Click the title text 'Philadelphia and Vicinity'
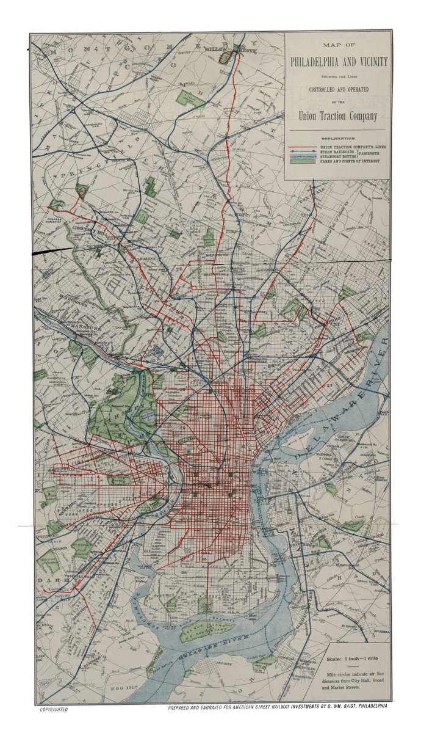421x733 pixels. pyautogui.click(x=337, y=62)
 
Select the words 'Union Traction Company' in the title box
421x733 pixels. pyautogui.click(x=337, y=115)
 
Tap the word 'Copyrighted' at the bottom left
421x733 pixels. pyautogui.click(x=54, y=710)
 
